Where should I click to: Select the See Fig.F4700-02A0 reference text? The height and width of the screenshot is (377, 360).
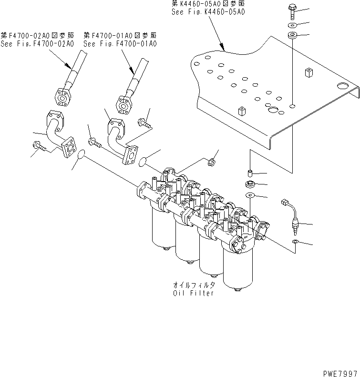pos(37,44)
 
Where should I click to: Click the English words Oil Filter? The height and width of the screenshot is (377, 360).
pos(194,293)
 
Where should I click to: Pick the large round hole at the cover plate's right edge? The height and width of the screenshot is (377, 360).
pos(343,86)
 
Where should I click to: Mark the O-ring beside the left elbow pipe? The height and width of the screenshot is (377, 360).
pos(81,154)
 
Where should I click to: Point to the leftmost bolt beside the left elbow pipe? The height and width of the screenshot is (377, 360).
pos(38,146)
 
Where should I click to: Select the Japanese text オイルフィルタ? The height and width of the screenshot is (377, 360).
pos(194,285)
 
